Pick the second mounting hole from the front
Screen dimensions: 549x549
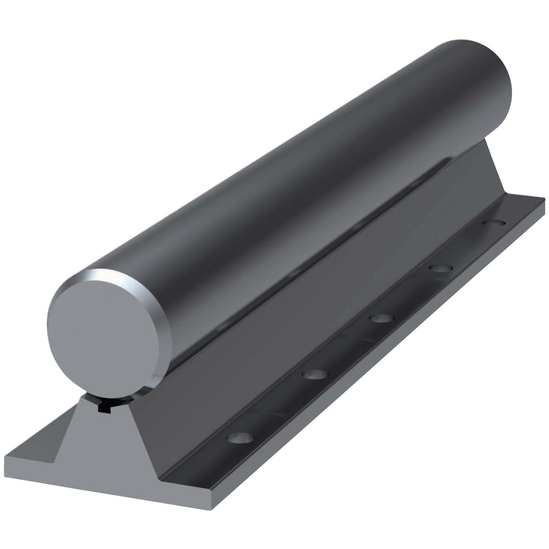(x=315, y=374)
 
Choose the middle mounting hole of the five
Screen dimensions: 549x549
(x=381, y=318)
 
